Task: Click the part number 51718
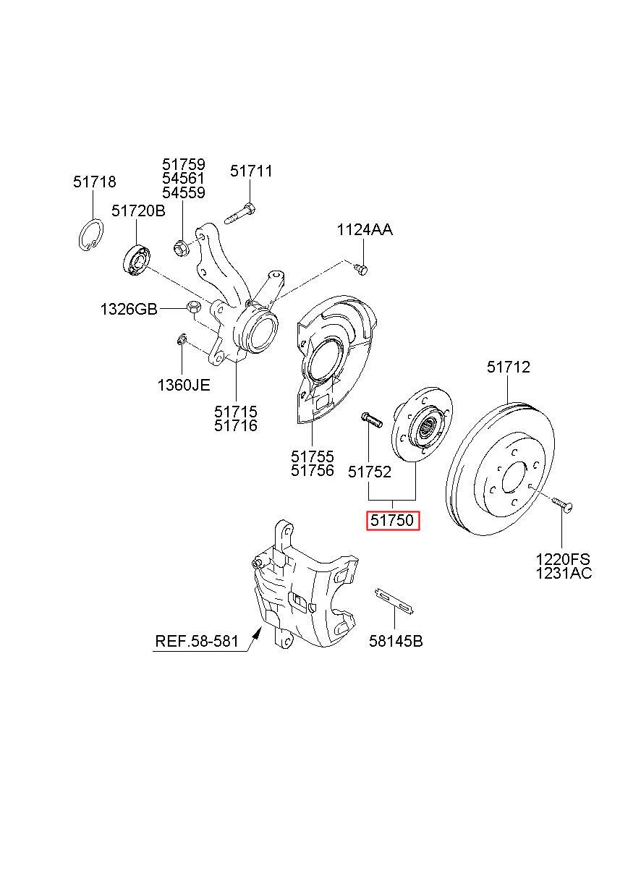click(94, 182)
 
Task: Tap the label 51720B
click(138, 211)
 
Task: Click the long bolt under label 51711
click(239, 214)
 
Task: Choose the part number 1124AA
click(365, 230)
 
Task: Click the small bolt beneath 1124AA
click(362, 269)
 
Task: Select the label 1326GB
click(129, 309)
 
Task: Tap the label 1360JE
click(184, 385)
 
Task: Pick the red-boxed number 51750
click(393, 520)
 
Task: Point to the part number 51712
click(509, 367)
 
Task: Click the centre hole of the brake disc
click(515, 480)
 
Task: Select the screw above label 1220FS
click(561, 504)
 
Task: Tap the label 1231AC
click(564, 574)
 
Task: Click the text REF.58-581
click(197, 641)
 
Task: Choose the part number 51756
click(313, 471)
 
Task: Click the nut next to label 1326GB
click(192, 308)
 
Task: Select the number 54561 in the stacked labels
click(184, 179)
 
